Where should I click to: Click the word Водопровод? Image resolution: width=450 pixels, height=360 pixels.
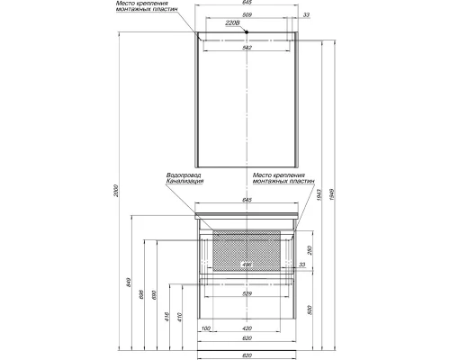coord(184,175)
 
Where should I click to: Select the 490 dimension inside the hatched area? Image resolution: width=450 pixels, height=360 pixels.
coord(247,265)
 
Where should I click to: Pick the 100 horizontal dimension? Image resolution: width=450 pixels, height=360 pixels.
coord(207,328)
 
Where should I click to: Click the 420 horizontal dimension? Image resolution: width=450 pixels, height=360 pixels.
coord(247,328)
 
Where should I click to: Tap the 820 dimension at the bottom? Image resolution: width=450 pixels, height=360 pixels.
coord(247,355)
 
